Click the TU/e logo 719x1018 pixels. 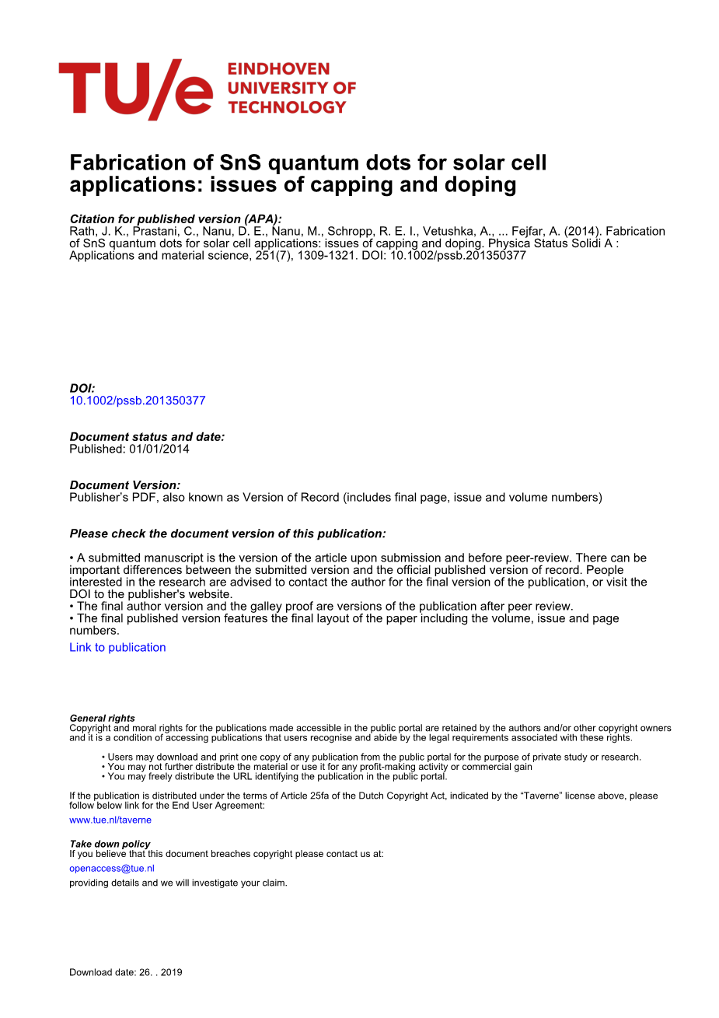pos(135,89)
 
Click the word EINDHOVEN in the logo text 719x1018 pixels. pos(278,69)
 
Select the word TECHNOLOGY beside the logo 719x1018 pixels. pos(287,107)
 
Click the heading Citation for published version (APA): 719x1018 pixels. pos(176,219)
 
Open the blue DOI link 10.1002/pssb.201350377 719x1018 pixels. pos(138,401)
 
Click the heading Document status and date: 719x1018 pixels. pos(147,437)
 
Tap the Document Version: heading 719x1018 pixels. pos(125,485)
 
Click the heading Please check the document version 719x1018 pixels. pos(228,533)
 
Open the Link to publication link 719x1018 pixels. pos(117,647)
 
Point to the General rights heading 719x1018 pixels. pos(102,718)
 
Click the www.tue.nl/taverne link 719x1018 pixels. pos(110,820)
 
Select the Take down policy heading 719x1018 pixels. pos(110,844)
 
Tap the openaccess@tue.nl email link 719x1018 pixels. pos(112,868)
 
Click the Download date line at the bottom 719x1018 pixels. pos(126,972)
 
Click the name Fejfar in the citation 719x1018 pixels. pos(528,231)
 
